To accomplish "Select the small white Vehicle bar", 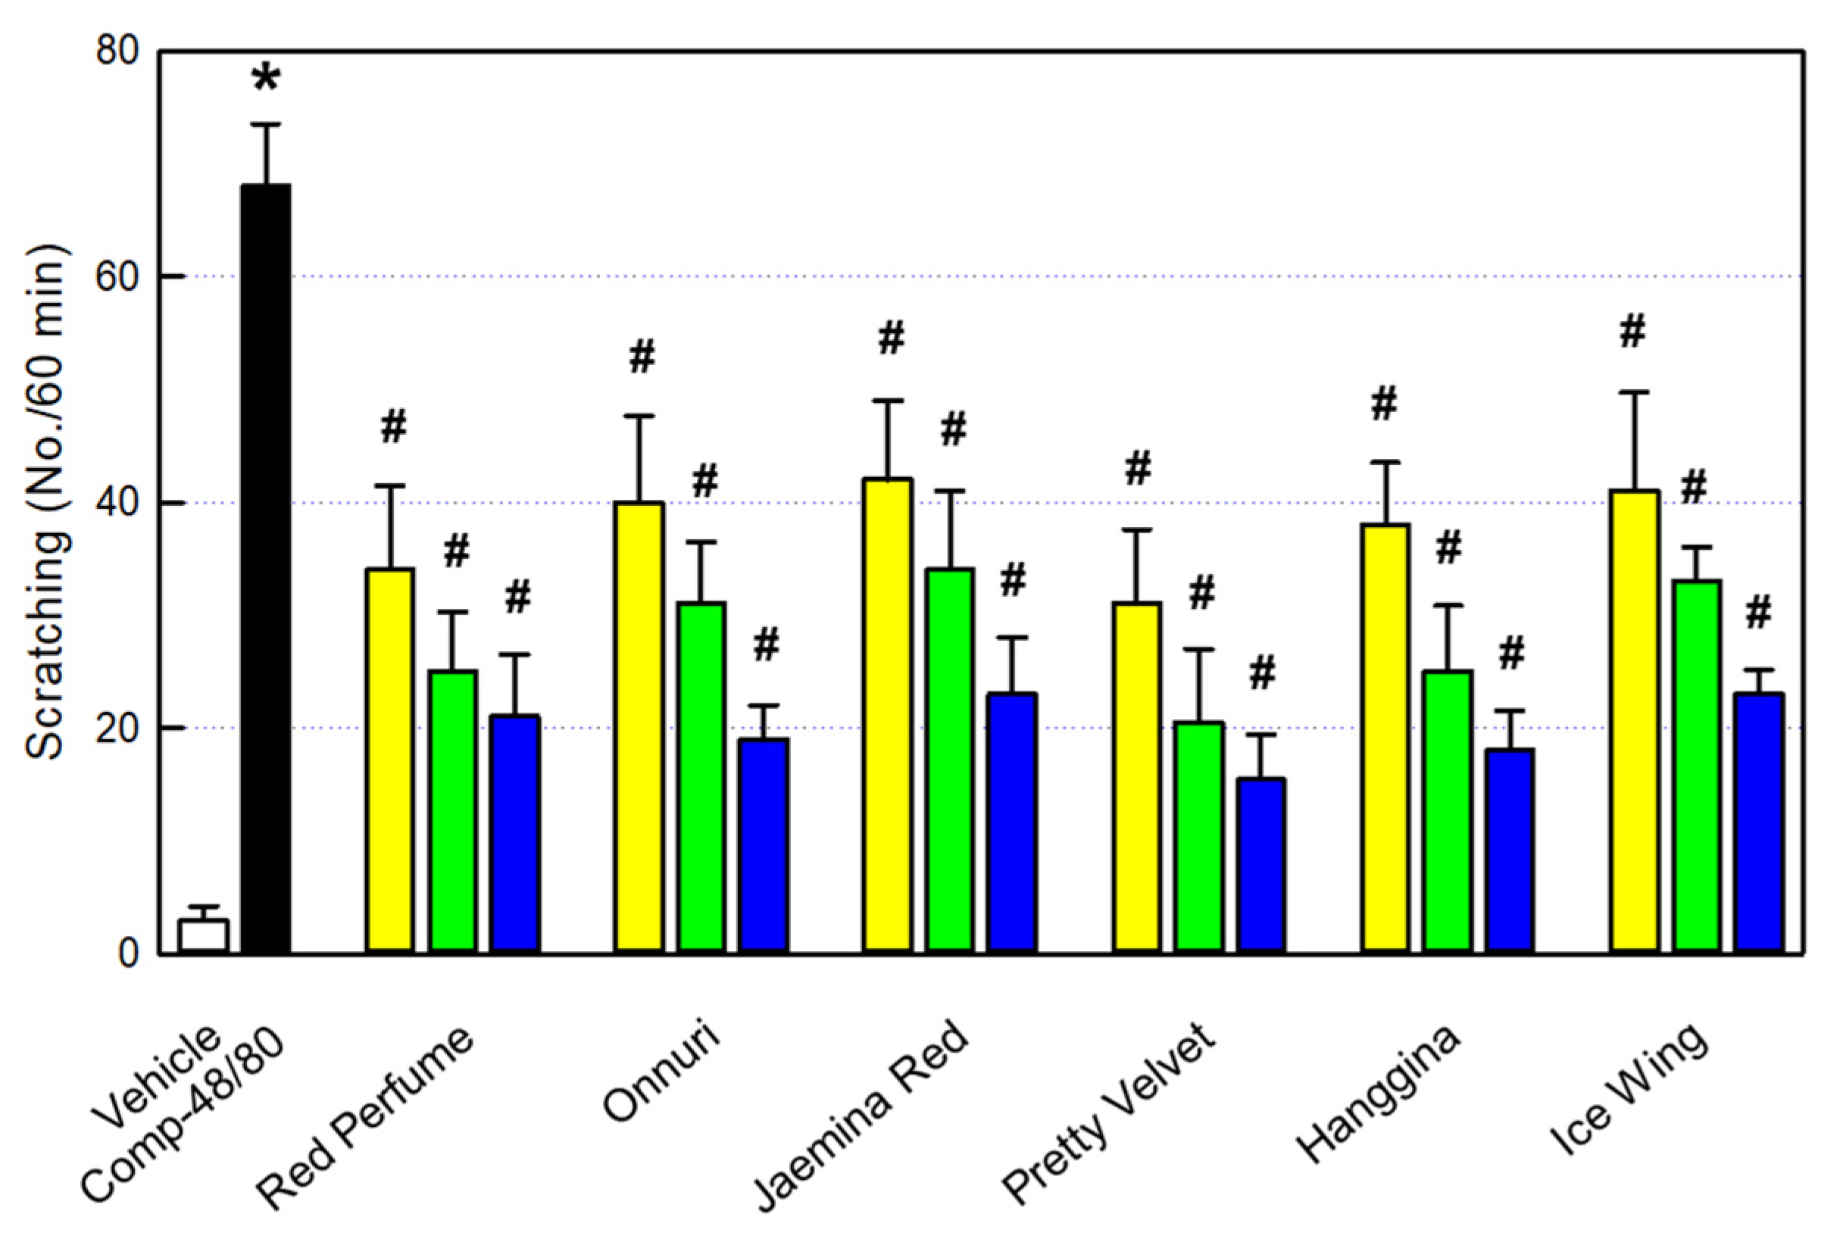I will tap(203, 935).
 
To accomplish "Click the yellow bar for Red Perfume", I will tap(390, 760).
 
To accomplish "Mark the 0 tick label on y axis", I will tap(128, 953).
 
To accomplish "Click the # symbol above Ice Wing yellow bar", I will tap(1633, 332).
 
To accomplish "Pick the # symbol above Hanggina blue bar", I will tap(1511, 654).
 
